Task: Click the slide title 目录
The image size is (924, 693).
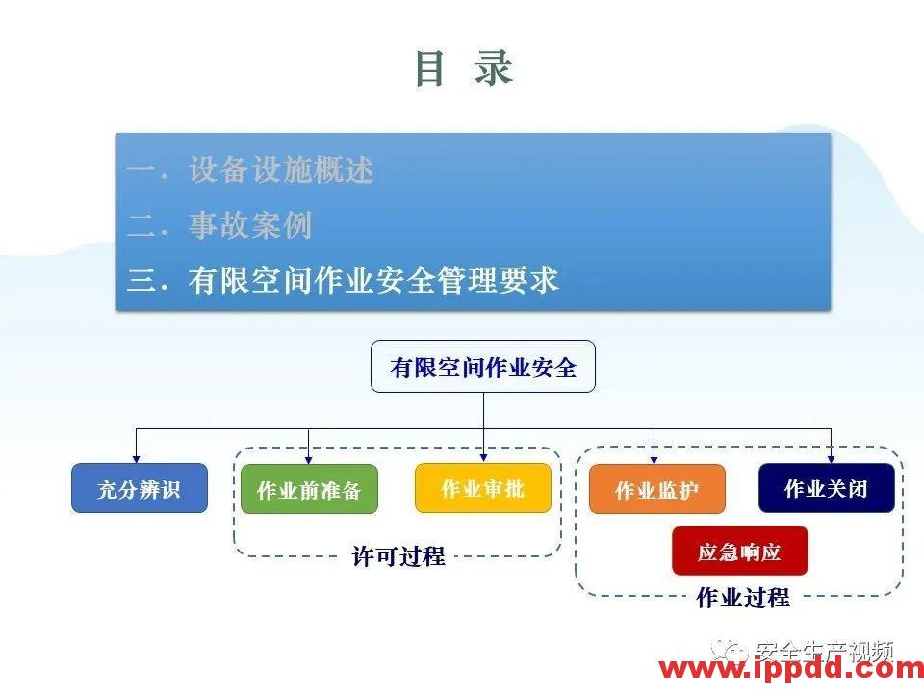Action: click(463, 69)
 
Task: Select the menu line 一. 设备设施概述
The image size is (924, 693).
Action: click(250, 171)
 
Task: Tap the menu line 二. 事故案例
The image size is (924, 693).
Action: click(220, 226)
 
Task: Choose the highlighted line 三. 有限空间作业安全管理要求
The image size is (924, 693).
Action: click(343, 281)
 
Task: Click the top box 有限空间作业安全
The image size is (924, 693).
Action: click(483, 367)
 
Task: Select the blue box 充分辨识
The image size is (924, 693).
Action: click(140, 489)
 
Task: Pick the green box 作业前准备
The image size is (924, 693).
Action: click(309, 490)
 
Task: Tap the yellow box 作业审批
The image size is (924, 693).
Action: click(483, 488)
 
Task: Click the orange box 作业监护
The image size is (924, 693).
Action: click(657, 490)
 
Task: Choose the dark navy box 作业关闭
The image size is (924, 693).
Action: click(827, 488)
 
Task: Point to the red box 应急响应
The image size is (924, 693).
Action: click(739, 552)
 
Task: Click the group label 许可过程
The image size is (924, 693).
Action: click(398, 556)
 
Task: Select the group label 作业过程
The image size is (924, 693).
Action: click(742, 598)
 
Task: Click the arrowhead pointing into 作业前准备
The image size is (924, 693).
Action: click(309, 458)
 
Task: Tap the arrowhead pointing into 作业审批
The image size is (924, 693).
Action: click(483, 457)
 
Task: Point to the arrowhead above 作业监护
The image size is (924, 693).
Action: click(654, 458)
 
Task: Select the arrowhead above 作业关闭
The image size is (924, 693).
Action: click(831, 458)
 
